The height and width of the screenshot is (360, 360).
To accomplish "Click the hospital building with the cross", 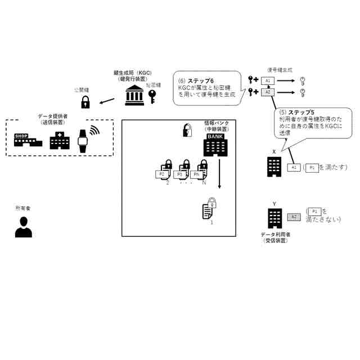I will point(58,140).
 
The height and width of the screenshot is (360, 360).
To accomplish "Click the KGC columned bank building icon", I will point(134,96).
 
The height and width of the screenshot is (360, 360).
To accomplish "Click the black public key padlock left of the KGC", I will point(85,102).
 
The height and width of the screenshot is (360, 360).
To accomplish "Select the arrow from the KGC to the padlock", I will point(107,101).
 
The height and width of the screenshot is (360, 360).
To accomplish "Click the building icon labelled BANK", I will point(215,145).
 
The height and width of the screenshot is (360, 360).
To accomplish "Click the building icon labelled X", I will point(274,166).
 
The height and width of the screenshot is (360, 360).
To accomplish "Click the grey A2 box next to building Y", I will point(294,217).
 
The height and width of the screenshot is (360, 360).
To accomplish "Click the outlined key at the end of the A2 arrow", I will point(302,92).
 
